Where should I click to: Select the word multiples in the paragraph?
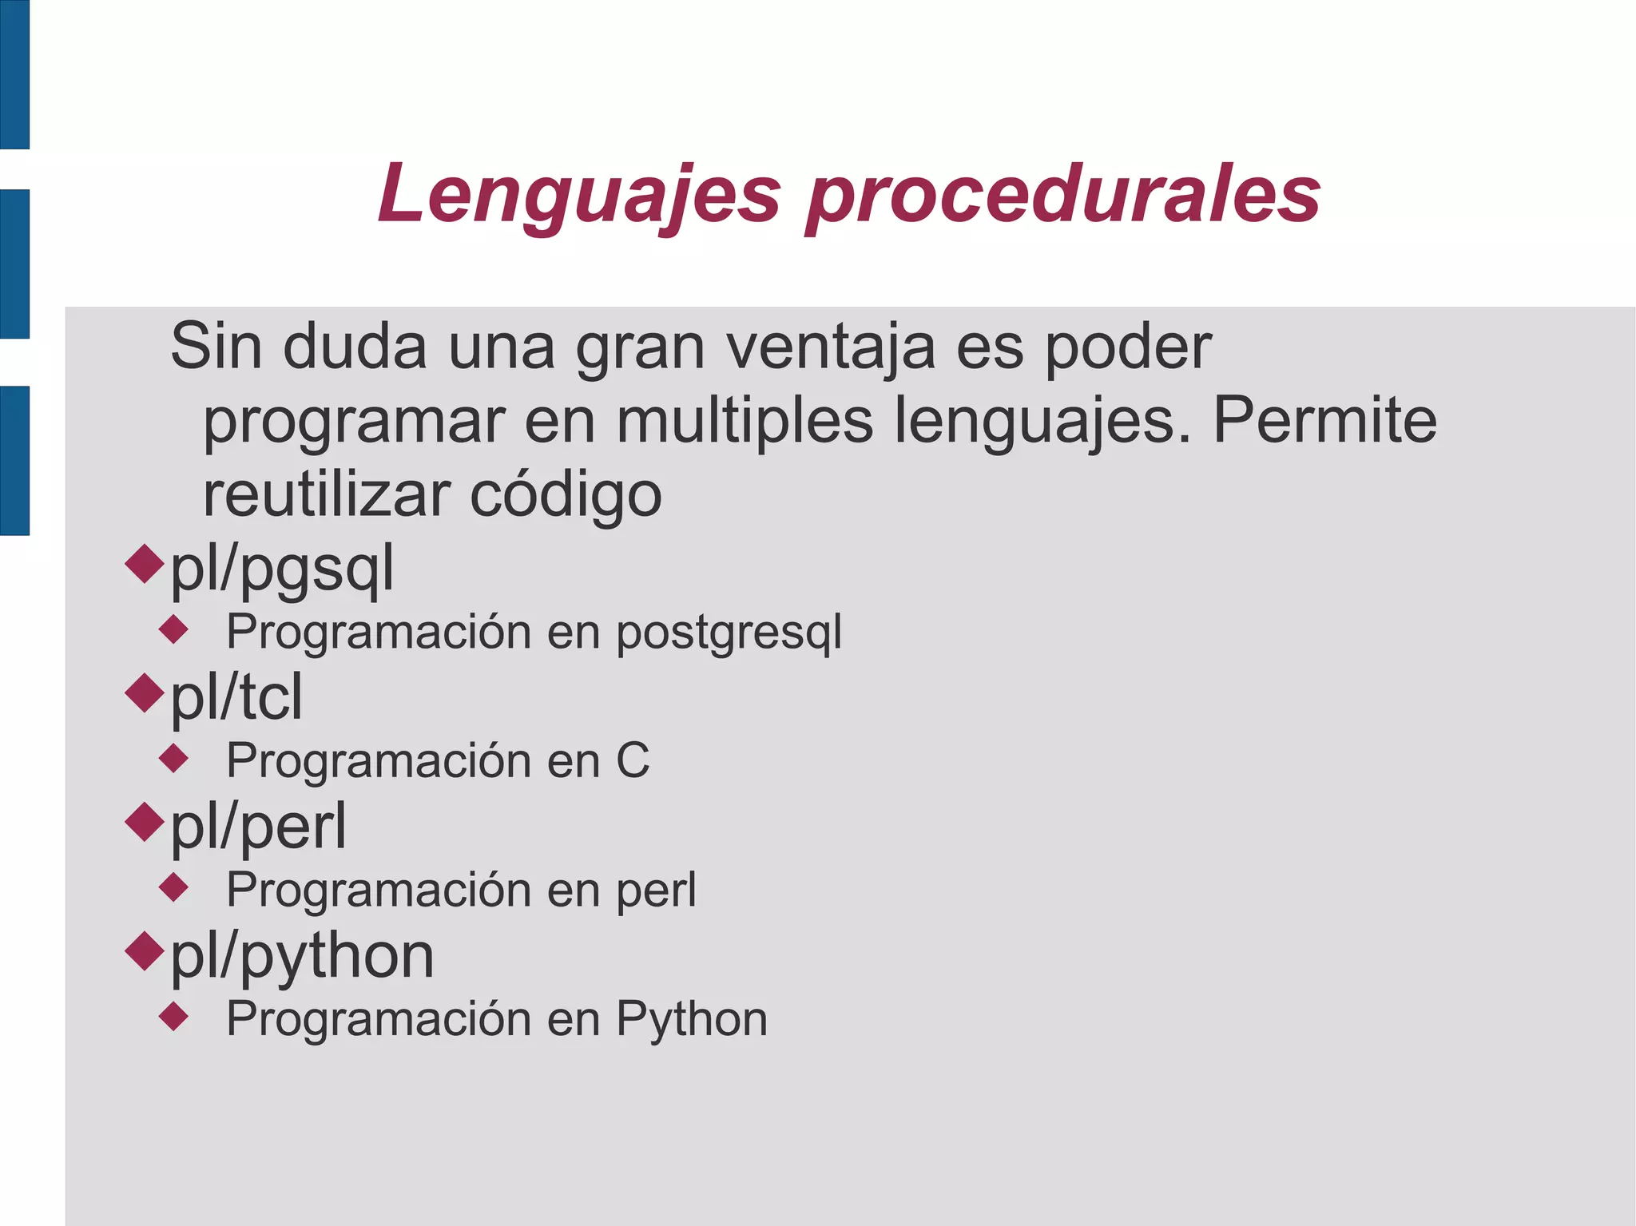click(x=745, y=421)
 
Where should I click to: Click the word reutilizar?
click(x=327, y=494)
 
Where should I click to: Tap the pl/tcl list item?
click(x=237, y=697)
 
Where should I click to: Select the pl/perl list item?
click(x=259, y=827)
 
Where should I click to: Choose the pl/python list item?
click(x=302, y=956)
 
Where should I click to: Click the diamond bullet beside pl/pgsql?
click(x=145, y=563)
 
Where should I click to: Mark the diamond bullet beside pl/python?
click(x=145, y=951)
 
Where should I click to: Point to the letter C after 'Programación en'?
click(x=633, y=760)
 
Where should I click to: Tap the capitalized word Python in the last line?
click(x=692, y=1020)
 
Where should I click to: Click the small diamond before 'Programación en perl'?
click(x=173, y=887)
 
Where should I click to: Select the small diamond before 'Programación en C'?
click(x=173, y=758)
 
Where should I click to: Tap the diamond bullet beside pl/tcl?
click(x=145, y=692)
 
